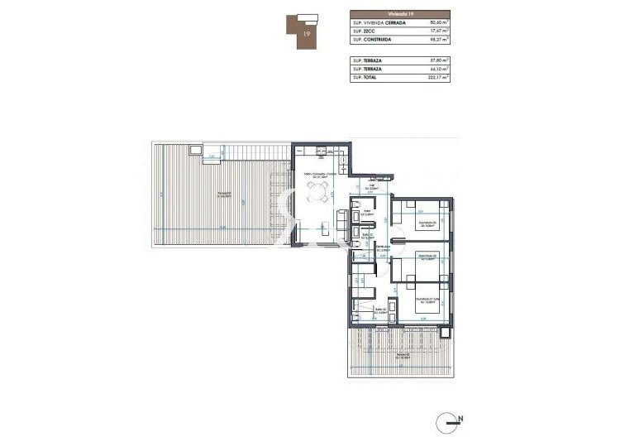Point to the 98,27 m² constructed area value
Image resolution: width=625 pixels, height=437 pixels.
click(436, 40)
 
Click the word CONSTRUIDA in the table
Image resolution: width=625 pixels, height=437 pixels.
click(379, 40)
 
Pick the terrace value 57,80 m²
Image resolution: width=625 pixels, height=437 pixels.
click(436, 60)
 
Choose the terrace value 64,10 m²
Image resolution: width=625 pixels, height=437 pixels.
click(436, 69)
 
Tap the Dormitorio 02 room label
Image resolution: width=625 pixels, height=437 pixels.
click(426, 257)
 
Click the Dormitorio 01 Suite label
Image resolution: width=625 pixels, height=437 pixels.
click(425, 299)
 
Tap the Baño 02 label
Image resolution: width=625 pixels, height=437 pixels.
click(381, 310)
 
